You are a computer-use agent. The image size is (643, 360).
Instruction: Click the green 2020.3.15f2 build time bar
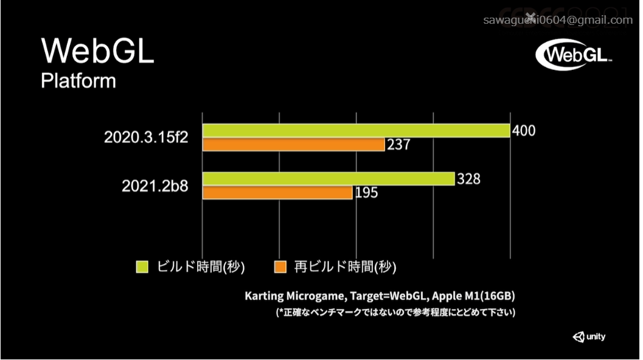[356, 131]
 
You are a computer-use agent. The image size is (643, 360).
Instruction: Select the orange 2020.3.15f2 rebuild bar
[293, 145]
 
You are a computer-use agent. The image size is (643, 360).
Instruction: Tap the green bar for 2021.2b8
[328, 179]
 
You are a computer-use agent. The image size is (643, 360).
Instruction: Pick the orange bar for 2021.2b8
[277, 193]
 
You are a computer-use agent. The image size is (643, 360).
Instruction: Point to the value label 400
[524, 131]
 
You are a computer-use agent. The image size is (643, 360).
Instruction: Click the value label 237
[399, 145]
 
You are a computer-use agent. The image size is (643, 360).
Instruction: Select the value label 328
[468, 179]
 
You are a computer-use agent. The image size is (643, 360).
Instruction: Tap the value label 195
[366, 193]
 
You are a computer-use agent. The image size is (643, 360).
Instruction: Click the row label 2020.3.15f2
[146, 137]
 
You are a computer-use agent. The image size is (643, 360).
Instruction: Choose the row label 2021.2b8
[155, 186]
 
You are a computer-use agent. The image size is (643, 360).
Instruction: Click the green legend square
[142, 266]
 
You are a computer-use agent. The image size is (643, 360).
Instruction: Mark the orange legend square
[280, 266]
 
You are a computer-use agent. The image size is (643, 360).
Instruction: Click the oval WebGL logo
[574, 55]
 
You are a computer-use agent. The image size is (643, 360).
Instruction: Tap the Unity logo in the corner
[589, 337]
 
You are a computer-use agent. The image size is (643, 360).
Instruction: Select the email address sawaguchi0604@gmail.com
[558, 20]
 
